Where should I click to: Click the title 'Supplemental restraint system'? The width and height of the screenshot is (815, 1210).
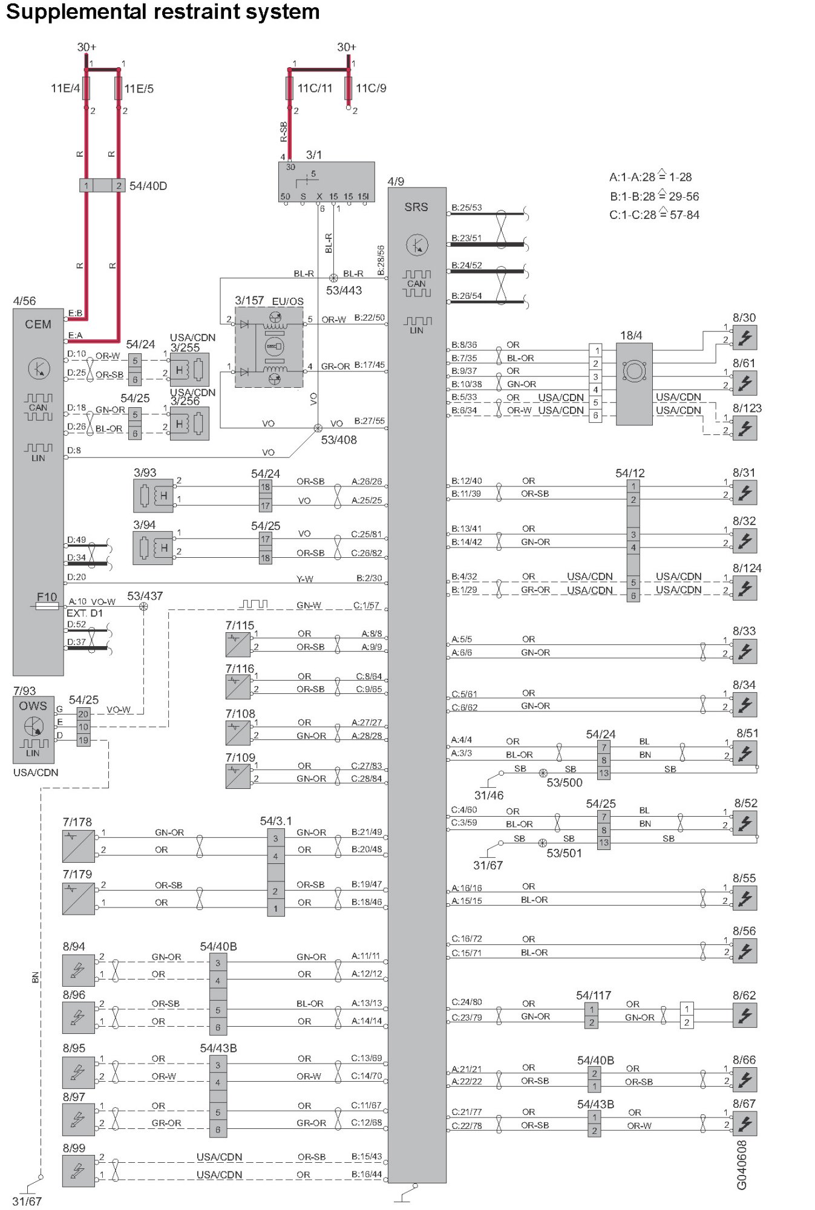(162, 12)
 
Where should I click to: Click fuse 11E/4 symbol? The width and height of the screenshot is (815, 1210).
(87, 88)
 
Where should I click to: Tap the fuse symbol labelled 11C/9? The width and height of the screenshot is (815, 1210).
(349, 88)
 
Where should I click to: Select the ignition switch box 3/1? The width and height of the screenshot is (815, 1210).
(326, 181)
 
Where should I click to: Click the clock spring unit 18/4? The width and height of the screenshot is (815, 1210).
(633, 384)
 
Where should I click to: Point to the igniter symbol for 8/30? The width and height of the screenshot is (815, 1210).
(745, 338)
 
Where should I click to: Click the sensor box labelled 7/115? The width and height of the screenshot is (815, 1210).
(238, 645)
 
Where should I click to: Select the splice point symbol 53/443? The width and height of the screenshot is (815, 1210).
(333, 278)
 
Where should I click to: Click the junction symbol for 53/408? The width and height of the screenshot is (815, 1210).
(318, 428)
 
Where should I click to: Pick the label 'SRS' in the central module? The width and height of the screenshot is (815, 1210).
(416, 208)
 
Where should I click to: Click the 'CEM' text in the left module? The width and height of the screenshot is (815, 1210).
(38, 324)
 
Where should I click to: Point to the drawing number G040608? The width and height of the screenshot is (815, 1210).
(742, 1165)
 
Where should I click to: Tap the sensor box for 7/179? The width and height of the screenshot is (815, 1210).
(78, 898)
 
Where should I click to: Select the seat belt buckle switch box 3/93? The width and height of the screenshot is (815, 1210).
(153, 496)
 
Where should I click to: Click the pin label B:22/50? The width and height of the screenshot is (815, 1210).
(369, 318)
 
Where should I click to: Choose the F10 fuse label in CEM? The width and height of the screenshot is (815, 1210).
(47, 597)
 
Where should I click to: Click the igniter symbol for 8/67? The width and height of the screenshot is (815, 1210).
(745, 1123)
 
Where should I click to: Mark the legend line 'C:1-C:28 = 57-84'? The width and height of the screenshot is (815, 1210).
(654, 215)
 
